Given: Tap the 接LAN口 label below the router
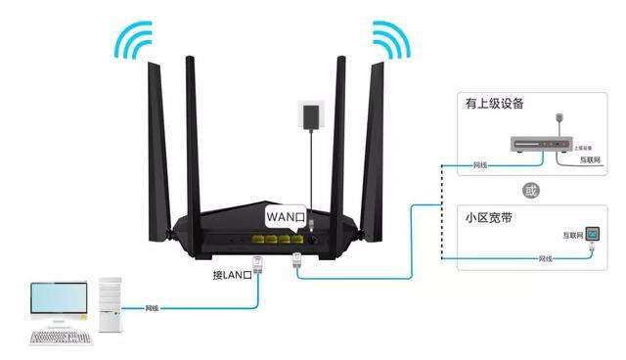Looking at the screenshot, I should point(233,275).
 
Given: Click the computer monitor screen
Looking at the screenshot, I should point(59,299).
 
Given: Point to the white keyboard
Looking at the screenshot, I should point(61,337).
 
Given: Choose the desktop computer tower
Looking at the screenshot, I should point(110,309).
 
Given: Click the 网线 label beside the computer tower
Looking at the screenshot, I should point(153,308).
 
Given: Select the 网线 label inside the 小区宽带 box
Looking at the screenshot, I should point(545,258).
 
